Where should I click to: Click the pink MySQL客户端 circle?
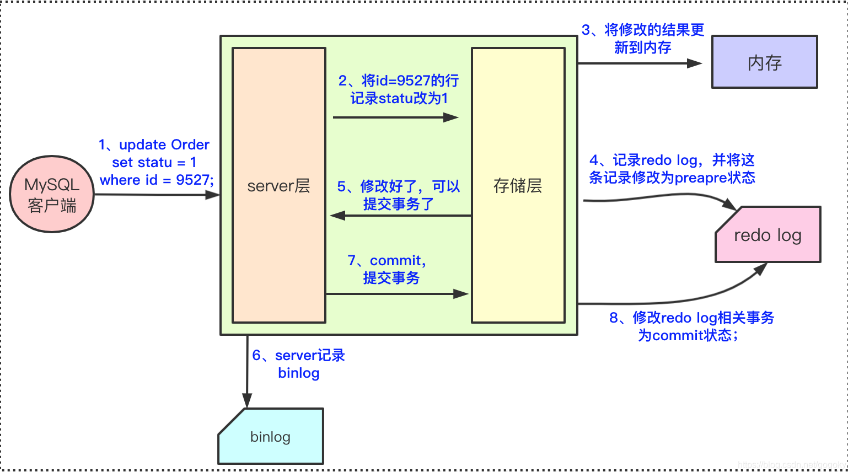tap(52, 194)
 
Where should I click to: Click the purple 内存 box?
tap(764, 62)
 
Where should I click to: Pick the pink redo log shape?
tap(768, 235)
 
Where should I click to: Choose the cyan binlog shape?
tap(270, 437)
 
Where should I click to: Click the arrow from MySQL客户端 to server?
tap(157, 195)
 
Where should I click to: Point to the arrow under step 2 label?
tap(395, 117)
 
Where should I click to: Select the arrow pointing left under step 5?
tap(400, 216)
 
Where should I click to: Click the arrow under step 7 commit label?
tap(397, 294)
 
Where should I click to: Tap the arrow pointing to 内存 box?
tap(640, 63)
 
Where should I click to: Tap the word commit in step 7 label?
tap(395, 260)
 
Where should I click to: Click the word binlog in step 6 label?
tap(299, 373)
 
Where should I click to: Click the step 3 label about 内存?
tap(643, 39)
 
